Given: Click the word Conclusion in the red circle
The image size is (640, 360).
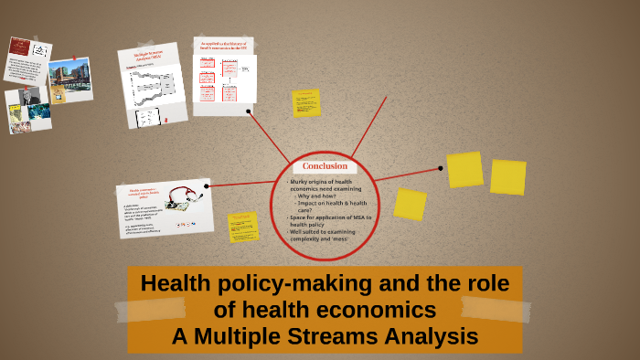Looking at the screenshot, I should [x=325, y=166].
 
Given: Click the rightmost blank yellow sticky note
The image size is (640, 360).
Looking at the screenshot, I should [x=507, y=177].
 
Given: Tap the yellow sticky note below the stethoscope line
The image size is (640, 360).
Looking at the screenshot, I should [x=243, y=227].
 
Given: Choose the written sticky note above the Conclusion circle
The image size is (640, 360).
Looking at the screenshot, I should [x=305, y=103].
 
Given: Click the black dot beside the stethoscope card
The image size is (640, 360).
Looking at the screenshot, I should [x=208, y=186].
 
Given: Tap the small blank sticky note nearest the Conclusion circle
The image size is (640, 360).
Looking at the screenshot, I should [x=410, y=204].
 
